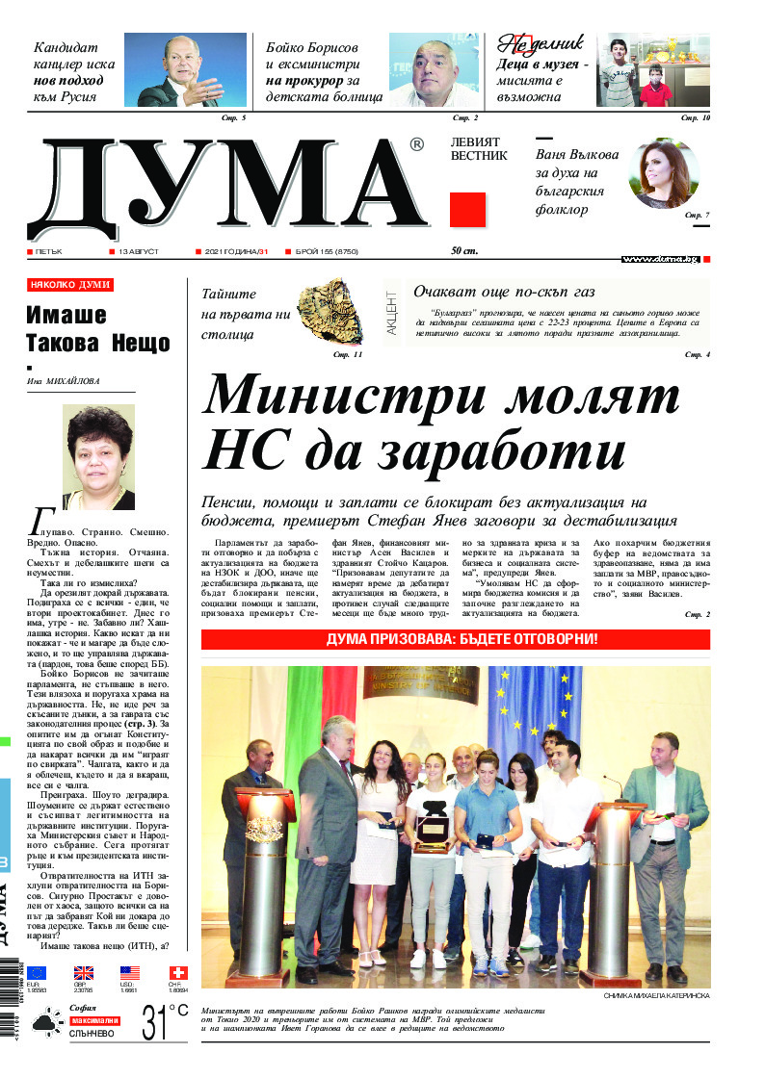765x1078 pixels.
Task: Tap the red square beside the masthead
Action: [467, 210]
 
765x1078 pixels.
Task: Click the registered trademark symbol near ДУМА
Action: [416, 144]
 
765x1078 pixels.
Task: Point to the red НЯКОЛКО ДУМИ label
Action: [70, 285]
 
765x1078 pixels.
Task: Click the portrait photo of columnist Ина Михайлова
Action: [98, 456]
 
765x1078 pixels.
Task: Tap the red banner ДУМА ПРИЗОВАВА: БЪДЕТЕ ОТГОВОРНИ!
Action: [456, 639]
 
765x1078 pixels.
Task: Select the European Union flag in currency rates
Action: [37, 973]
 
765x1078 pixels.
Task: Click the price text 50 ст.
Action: [464, 251]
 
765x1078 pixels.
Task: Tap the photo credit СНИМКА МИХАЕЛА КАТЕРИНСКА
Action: [656, 995]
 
